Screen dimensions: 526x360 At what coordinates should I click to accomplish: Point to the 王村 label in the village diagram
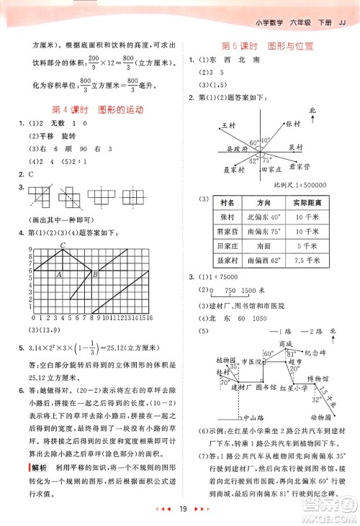tap(229, 126)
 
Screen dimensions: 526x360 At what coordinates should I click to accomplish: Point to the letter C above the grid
tap(63, 245)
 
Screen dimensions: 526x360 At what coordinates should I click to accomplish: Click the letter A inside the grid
tap(58, 275)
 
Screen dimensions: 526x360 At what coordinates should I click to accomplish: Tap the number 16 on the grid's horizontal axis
tap(148, 317)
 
